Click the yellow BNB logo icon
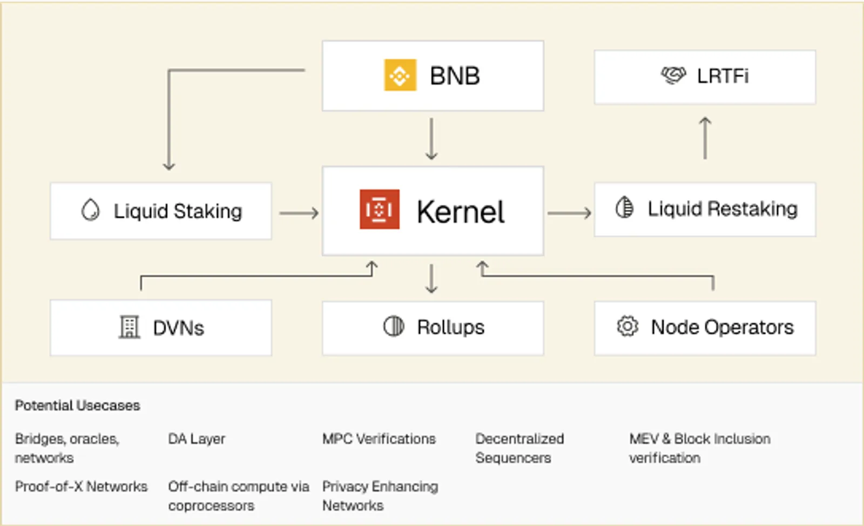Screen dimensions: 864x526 point(400,75)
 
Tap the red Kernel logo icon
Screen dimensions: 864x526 point(380,209)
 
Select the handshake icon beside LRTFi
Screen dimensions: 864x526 point(673,75)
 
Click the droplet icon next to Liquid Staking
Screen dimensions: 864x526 point(91,210)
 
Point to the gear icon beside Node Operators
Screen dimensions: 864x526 point(627,326)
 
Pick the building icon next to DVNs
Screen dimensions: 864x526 point(129,327)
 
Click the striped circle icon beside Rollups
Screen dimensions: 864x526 point(394,326)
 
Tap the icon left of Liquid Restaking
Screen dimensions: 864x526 point(624,207)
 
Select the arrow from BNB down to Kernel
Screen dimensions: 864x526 point(431,139)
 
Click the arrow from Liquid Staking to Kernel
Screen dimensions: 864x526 point(299,213)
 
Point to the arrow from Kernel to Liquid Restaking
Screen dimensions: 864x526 point(569,213)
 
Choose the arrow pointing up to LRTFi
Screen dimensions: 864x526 point(705,138)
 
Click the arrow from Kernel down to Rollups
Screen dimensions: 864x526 point(431,278)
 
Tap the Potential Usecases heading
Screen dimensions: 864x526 point(77,405)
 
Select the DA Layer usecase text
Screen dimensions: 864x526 point(197,439)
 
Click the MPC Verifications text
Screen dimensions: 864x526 point(379,439)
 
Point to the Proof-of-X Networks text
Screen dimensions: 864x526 point(81,487)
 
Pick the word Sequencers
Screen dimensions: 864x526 point(514,458)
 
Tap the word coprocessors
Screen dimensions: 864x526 point(211,506)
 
